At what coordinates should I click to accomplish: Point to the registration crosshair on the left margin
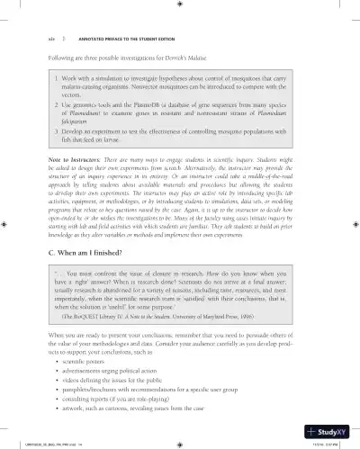pos(6,224)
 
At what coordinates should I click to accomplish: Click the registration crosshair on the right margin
pos(353,224)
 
